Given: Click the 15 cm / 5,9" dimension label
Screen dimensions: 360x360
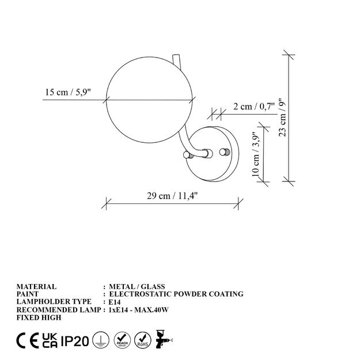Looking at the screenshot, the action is pyautogui.click(x=68, y=92).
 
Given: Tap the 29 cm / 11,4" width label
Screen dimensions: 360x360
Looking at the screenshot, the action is pyautogui.click(x=172, y=196).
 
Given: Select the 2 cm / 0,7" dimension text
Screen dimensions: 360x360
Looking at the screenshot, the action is pyautogui.click(x=254, y=107).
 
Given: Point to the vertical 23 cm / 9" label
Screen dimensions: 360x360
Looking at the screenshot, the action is pyautogui.click(x=283, y=118).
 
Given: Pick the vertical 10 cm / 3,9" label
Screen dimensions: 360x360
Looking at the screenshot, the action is pyautogui.click(x=256, y=154).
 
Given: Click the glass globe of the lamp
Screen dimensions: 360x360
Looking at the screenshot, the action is pyautogui.click(x=149, y=100).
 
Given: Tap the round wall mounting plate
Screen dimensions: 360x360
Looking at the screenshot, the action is pyautogui.click(x=213, y=154).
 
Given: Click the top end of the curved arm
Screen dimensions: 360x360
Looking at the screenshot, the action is pyautogui.click(x=176, y=55).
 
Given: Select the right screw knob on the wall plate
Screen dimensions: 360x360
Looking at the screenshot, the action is pyautogui.click(x=225, y=151).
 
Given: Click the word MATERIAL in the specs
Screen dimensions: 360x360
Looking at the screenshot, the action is pyautogui.click(x=36, y=286).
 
